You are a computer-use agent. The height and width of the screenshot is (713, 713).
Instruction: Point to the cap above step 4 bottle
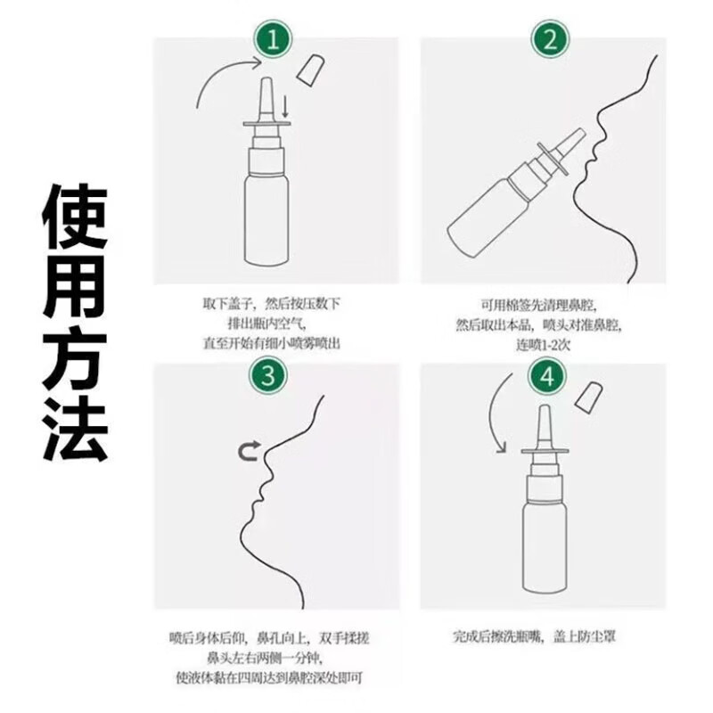click(587, 397)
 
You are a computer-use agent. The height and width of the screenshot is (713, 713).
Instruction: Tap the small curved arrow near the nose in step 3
click(247, 453)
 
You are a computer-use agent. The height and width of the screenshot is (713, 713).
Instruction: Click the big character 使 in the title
click(76, 217)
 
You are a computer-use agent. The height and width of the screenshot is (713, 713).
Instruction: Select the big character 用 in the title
click(76, 289)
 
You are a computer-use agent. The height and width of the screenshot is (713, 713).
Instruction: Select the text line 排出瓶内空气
click(272, 323)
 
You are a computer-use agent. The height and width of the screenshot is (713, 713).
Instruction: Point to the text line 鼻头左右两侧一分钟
click(267, 658)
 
